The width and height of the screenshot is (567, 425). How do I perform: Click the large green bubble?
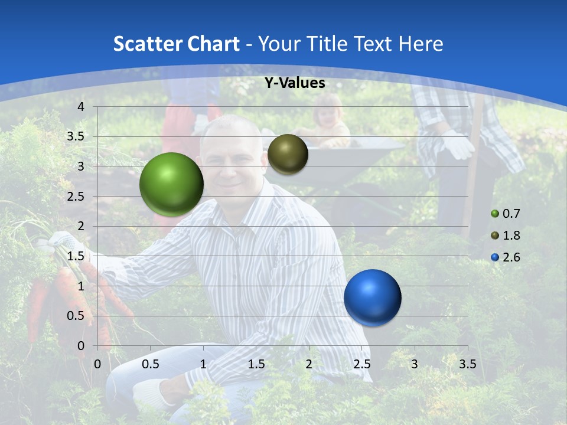[x=171, y=184]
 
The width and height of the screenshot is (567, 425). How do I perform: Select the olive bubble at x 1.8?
[x=288, y=154]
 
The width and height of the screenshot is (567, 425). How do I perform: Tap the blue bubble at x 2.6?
[x=372, y=297]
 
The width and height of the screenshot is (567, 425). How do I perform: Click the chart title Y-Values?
[x=294, y=83]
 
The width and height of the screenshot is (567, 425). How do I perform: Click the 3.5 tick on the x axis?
[x=467, y=364]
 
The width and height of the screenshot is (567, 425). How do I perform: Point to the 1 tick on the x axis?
[x=203, y=364]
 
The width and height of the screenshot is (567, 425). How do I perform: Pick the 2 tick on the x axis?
[x=309, y=364]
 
